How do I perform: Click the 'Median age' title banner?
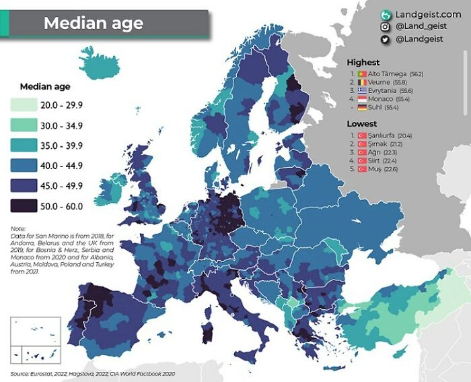click(x=94, y=23)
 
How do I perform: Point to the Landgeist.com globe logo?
click(x=386, y=15)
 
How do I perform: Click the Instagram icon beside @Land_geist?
click(x=386, y=27)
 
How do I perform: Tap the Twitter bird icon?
click(x=386, y=40)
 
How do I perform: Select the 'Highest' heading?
click(x=363, y=63)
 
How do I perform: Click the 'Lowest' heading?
click(x=361, y=124)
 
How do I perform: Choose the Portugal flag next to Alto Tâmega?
click(x=361, y=73)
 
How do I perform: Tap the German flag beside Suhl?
click(x=361, y=107)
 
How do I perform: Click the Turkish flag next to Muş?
click(x=361, y=169)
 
